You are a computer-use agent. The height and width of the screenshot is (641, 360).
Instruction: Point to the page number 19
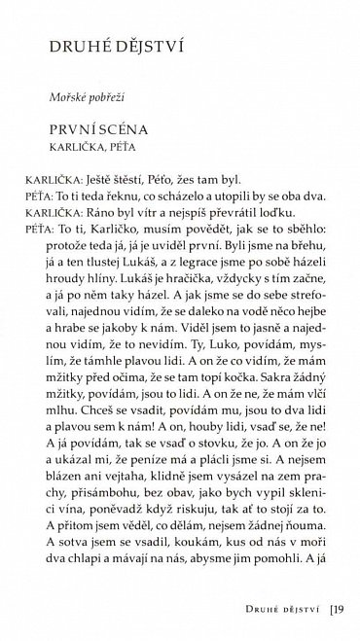pyautogui.click(x=338, y=610)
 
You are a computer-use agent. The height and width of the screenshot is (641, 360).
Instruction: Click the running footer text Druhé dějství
pyautogui.click(x=284, y=610)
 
